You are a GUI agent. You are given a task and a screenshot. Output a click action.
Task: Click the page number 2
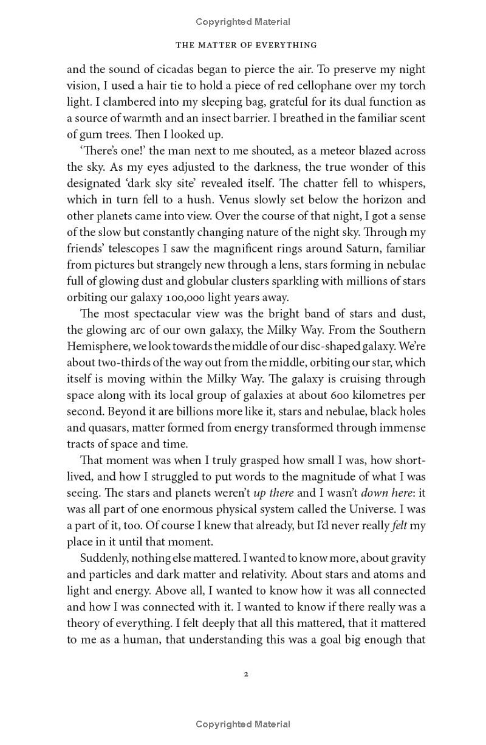click(x=246, y=674)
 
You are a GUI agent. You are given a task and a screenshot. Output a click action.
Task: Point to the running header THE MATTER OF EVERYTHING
click(x=246, y=45)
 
